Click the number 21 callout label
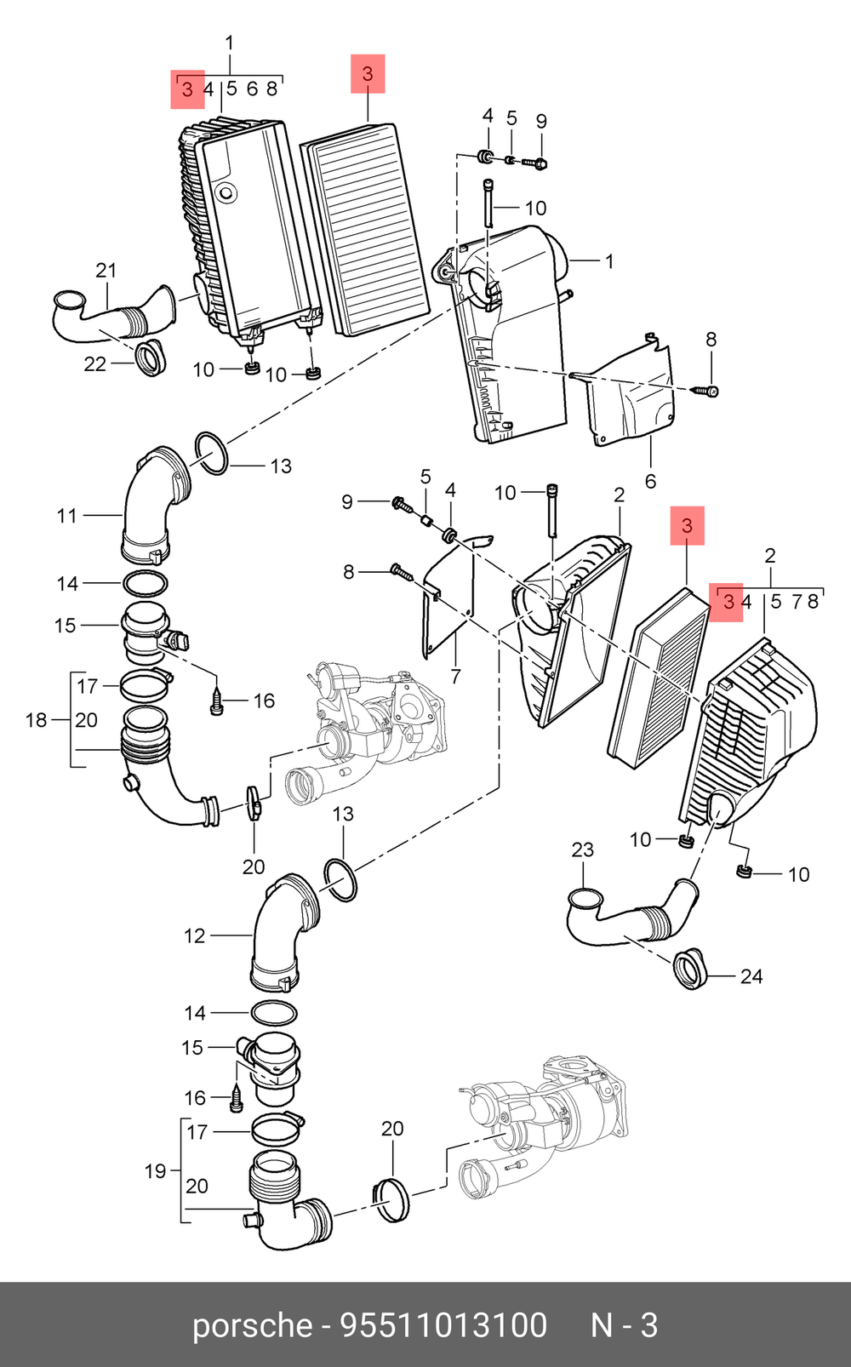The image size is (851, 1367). point(106,271)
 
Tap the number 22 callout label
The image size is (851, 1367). point(94,364)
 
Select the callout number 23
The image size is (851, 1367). point(583,849)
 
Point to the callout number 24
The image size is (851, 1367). point(751,976)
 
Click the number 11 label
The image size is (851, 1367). point(67,515)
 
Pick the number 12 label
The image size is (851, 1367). point(195,936)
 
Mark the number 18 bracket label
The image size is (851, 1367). point(37,720)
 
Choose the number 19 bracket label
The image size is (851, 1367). point(155,1171)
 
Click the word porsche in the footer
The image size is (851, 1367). point(253,1326)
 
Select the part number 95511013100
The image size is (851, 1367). point(443,1326)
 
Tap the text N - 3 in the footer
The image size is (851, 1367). point(625,1326)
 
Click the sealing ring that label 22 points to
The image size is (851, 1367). point(151,357)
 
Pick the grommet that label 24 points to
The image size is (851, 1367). point(690,968)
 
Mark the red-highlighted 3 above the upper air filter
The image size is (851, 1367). point(368,74)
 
